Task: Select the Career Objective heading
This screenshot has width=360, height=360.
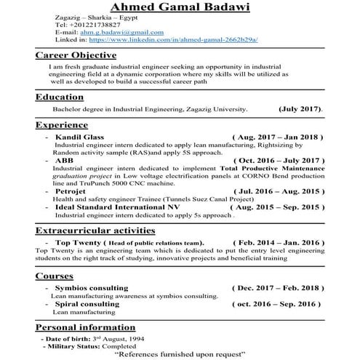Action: (x=76, y=55)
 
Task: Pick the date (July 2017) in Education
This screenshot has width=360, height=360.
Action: (x=300, y=109)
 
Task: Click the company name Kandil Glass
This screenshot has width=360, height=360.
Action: (x=79, y=137)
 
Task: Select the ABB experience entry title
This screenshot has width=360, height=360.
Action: (x=63, y=159)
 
